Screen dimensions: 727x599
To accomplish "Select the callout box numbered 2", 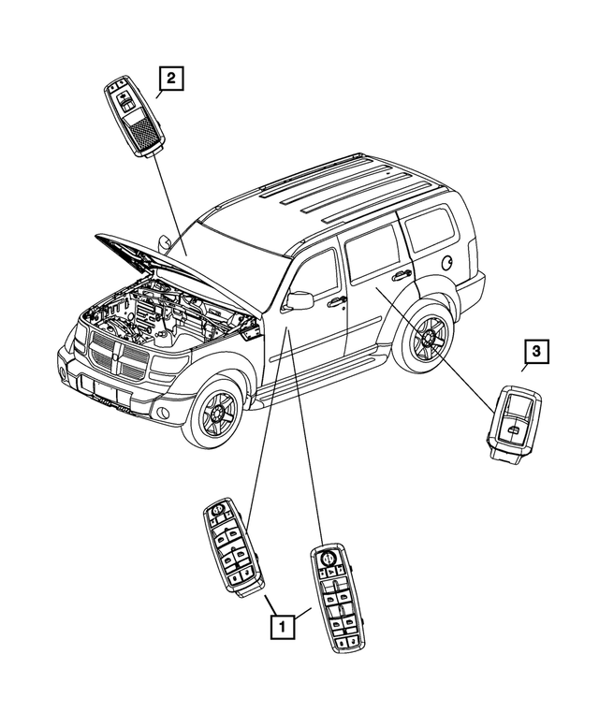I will (171, 80).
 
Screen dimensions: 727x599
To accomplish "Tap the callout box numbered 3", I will (535, 353).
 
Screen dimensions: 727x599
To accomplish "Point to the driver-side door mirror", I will (299, 299).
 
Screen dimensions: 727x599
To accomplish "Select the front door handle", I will (336, 301).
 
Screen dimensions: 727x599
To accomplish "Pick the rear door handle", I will (402, 275).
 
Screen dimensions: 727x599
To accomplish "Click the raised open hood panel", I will (164, 259).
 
